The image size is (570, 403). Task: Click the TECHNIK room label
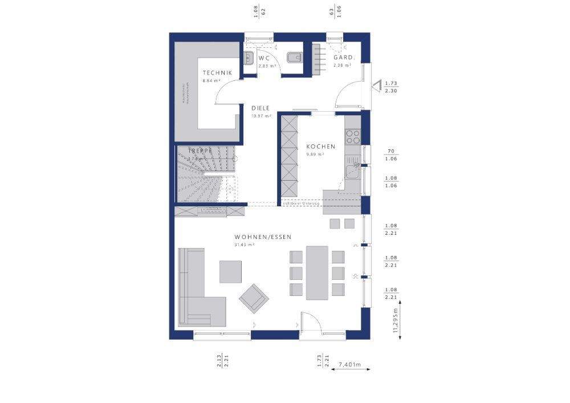[x=217, y=72]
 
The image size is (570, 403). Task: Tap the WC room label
[x=263, y=58]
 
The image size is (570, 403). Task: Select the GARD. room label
[x=344, y=58]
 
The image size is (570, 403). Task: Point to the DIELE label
[x=260, y=108]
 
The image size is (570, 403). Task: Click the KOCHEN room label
[x=320, y=146]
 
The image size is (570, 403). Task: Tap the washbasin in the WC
[x=249, y=58]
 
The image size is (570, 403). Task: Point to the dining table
[x=317, y=272]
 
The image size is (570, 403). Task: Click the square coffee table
[x=230, y=271]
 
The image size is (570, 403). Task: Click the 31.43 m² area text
[x=244, y=245]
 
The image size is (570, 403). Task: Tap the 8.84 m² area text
[x=210, y=81]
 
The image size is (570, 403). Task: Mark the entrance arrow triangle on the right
[x=377, y=86]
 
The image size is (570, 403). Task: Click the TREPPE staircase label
[x=201, y=150]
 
